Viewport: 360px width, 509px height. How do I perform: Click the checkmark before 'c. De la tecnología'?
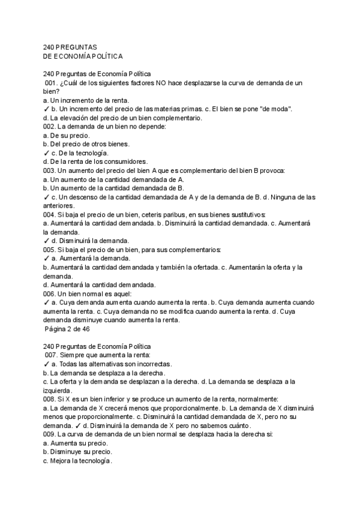tap(46, 153)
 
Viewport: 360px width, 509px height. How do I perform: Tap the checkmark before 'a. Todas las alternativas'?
tap(46, 364)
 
